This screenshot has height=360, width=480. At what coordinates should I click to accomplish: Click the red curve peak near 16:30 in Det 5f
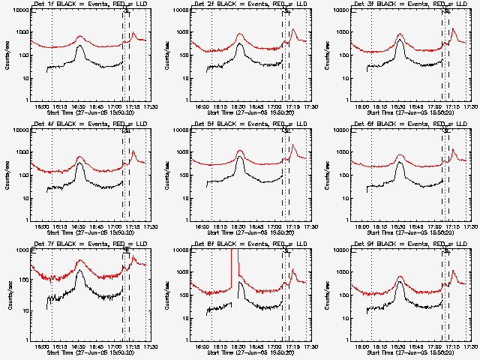point(240,151)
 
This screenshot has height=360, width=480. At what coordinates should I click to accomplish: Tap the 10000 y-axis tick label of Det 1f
point(21,10)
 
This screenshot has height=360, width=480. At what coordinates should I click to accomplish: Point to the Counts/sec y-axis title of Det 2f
point(166,55)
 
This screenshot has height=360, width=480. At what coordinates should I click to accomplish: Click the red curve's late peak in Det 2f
point(293,30)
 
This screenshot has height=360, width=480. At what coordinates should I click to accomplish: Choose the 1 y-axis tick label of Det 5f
point(187,220)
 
